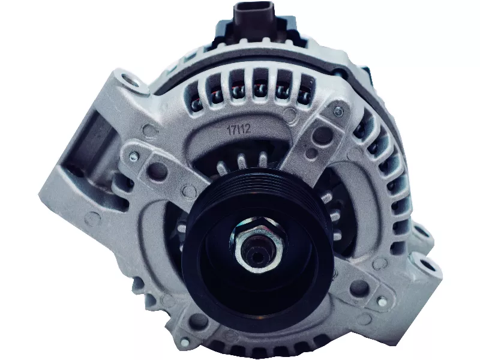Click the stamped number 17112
[x=238, y=128]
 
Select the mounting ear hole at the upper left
[x=132, y=80]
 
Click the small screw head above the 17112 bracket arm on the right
[x=339, y=111]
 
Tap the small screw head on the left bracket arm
[x=133, y=157]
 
